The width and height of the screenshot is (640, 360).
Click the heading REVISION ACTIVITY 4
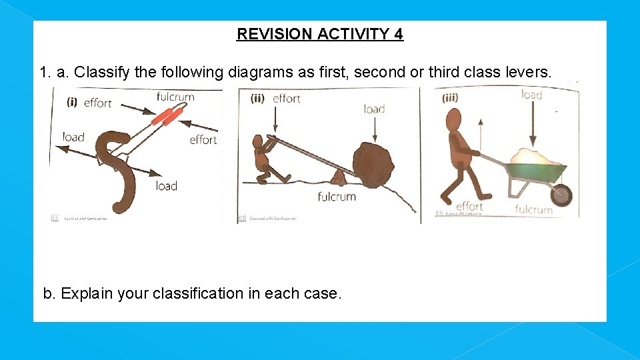point(320,34)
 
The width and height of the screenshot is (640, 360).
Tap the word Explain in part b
point(86,293)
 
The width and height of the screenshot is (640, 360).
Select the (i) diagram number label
point(73,102)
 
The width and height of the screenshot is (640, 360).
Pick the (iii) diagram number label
point(451,99)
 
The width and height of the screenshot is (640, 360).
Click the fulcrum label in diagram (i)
point(175,97)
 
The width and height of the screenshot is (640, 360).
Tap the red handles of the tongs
point(166,117)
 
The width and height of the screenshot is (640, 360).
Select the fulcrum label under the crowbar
point(337,197)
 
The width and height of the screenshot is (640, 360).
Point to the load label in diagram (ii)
point(374,109)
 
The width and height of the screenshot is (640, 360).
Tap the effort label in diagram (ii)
point(287,99)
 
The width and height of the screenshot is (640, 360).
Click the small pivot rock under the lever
point(337,177)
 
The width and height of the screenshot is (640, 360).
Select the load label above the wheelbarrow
point(531,95)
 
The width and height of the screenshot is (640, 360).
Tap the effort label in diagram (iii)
point(469,207)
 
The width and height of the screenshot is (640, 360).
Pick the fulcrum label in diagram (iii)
point(533,209)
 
